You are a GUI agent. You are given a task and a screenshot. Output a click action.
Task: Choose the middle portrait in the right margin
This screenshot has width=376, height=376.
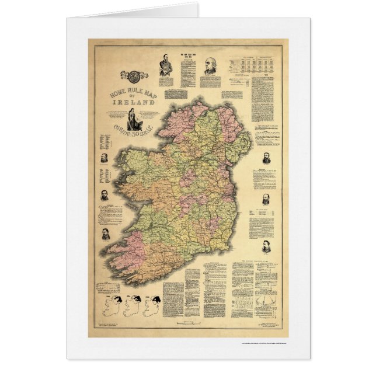[266, 199]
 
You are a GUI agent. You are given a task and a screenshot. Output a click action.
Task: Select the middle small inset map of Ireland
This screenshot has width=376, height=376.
[132, 307]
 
